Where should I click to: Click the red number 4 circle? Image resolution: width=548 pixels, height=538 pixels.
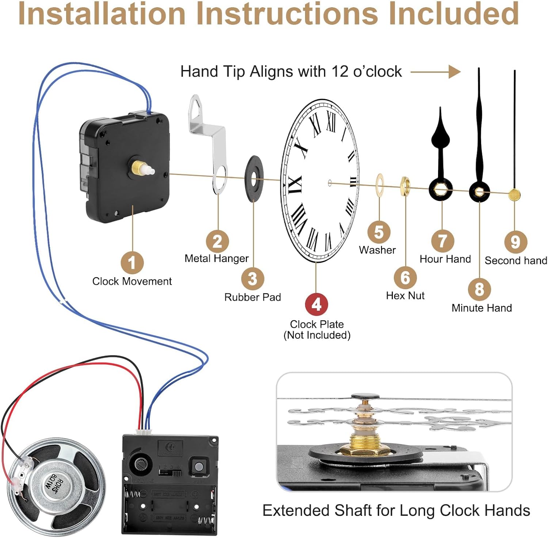click(316, 304)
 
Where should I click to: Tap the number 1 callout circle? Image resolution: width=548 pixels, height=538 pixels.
click(132, 263)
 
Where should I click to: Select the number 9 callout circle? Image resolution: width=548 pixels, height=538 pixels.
click(515, 242)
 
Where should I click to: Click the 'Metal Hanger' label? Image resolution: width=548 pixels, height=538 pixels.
click(216, 258)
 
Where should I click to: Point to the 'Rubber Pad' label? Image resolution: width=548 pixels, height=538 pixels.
click(252, 297)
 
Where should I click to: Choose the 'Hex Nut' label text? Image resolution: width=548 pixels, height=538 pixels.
click(405, 295)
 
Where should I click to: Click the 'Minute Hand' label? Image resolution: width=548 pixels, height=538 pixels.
click(482, 308)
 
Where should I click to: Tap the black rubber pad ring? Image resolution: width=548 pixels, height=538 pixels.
click(254, 178)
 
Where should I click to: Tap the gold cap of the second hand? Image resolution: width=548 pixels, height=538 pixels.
click(514, 195)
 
